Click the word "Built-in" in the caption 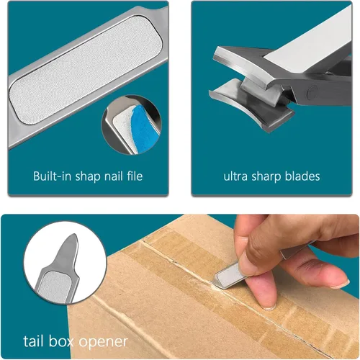click(x=52, y=176)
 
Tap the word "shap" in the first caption click(x=88, y=177)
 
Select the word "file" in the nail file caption click(x=135, y=176)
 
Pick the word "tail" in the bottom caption click(x=33, y=341)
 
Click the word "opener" click(x=103, y=343)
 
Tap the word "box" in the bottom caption click(x=60, y=341)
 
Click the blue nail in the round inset click(x=144, y=130)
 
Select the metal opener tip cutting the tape click(x=217, y=280)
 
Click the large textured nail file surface click(x=86, y=70)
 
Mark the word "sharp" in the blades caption click(x=266, y=177)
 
